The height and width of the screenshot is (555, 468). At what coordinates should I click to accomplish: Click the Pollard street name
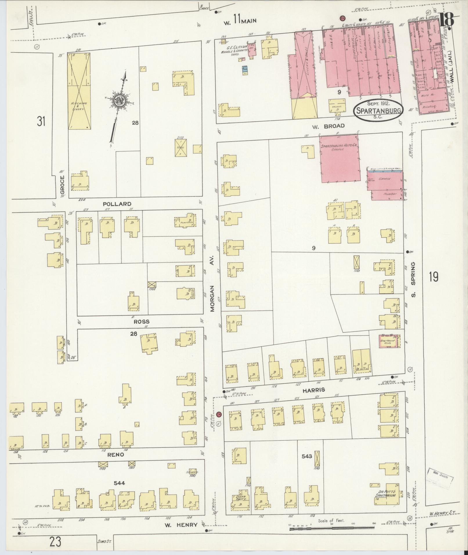117,204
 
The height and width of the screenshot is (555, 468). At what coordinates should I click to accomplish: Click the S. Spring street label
413,279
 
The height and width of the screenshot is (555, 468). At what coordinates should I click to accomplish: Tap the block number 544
119,483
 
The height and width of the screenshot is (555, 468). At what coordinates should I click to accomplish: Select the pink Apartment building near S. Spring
388,341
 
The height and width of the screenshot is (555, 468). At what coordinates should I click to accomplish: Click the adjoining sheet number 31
41,121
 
